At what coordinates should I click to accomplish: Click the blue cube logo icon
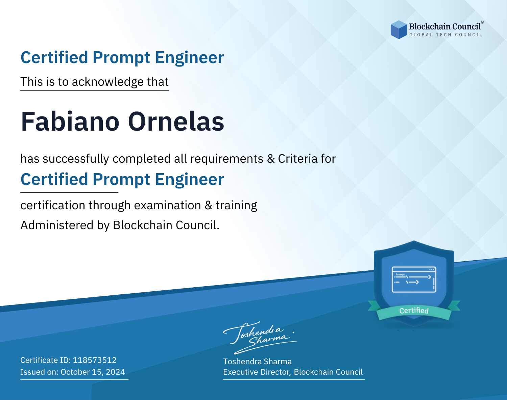[399, 30]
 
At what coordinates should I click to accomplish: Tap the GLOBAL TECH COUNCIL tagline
[446, 35]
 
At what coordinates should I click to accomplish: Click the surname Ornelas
[176, 121]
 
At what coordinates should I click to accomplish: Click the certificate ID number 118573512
[95, 360]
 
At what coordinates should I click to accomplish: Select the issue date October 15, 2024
[93, 372]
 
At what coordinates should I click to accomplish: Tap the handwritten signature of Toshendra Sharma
[260, 338]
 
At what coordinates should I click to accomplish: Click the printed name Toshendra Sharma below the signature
[257, 362]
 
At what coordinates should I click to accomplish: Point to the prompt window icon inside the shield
[414, 279]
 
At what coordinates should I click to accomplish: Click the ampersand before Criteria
[271, 159]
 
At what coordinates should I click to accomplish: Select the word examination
[168, 205]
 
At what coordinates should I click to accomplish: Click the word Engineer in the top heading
[189, 58]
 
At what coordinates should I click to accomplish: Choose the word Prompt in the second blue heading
[121, 180]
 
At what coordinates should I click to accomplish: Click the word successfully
[76, 159]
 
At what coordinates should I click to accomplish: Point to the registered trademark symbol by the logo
[483, 22]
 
